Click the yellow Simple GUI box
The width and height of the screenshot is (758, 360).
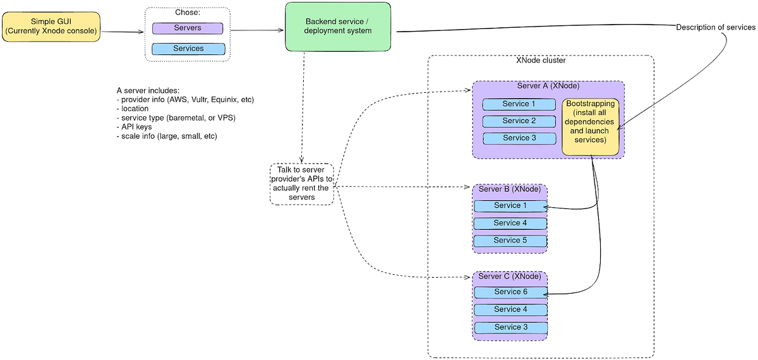(51, 27)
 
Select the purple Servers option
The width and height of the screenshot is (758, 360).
(188, 28)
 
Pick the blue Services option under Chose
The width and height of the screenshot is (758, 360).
(188, 49)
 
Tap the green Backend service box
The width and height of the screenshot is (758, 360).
(339, 27)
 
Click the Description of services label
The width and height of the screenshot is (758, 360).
(715, 27)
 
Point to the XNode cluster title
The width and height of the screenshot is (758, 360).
(541, 61)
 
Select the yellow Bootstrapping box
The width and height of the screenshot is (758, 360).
(591, 126)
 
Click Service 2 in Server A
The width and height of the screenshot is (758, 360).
(519, 121)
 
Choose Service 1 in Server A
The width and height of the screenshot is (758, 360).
(519, 104)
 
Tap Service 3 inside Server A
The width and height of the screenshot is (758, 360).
(519, 138)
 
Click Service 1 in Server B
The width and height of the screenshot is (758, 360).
(510, 206)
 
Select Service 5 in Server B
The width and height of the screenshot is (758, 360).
(510, 241)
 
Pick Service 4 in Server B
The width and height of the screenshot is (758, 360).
(510, 224)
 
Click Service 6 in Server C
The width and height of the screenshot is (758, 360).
(510, 292)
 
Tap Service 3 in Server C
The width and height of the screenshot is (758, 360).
(510, 328)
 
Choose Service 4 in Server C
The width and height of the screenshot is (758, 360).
(510, 310)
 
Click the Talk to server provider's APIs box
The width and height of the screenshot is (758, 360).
(301, 184)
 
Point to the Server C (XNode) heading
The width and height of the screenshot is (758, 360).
(509, 277)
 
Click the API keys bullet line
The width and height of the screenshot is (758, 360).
(136, 127)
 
